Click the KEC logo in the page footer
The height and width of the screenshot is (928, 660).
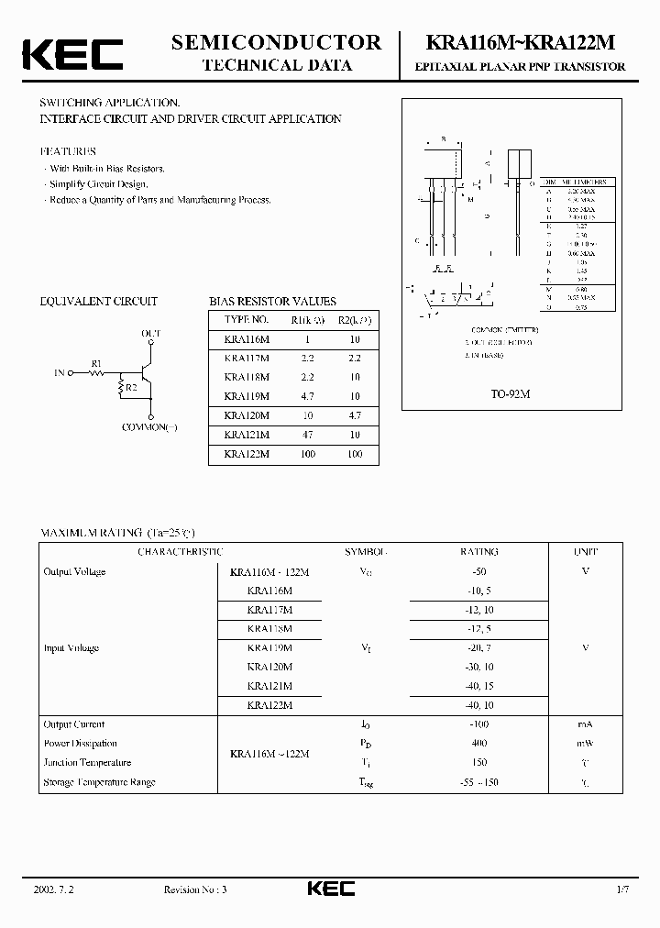(330, 889)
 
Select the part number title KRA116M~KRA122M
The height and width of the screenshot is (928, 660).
(521, 43)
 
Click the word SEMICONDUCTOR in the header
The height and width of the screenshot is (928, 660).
(276, 42)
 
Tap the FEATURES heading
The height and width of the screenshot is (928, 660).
(67, 151)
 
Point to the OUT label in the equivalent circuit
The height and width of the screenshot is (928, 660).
(150, 333)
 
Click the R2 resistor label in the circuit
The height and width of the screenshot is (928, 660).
(132, 388)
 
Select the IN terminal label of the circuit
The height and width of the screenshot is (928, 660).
(60, 373)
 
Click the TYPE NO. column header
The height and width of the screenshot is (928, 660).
(247, 320)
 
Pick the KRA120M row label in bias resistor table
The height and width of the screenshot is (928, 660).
(247, 415)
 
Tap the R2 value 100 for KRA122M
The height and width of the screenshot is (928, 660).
(355, 454)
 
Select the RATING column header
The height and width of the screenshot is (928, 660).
(478, 552)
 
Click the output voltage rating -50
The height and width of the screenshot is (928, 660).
(478, 571)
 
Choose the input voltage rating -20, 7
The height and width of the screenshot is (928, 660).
(478, 647)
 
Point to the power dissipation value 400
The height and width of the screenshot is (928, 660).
(478, 744)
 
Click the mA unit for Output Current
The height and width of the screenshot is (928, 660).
(586, 724)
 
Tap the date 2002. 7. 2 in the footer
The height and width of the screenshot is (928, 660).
(52, 889)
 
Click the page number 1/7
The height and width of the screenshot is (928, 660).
(621, 889)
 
